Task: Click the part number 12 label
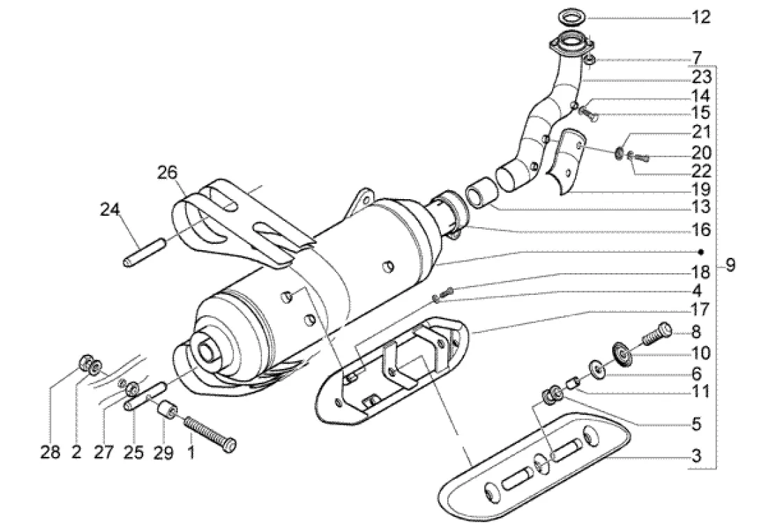(701, 17)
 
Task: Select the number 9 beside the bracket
(731, 266)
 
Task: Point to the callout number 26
(167, 173)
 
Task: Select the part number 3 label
(697, 456)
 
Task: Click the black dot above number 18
(701, 252)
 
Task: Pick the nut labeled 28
(86, 363)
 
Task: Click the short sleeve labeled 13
(479, 194)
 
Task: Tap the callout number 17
(701, 311)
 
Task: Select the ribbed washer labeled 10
(623, 351)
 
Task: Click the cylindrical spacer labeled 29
(168, 409)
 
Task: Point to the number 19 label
(701, 189)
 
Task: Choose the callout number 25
(133, 452)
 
